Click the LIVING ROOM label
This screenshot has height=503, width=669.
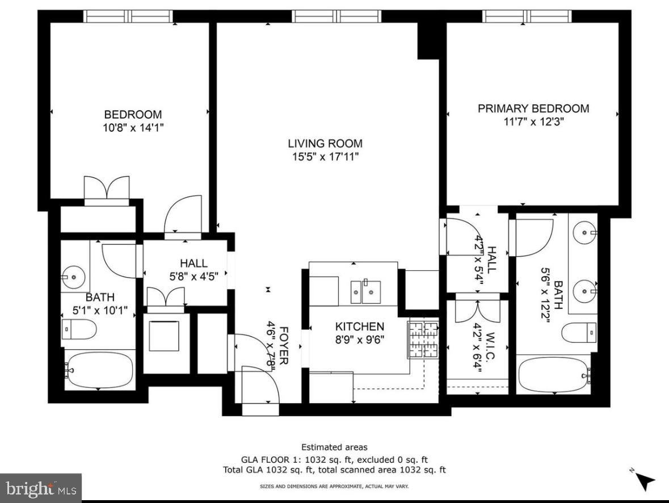click(325, 144)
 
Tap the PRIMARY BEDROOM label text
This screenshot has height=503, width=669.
click(533, 108)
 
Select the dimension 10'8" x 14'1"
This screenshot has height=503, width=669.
click(133, 127)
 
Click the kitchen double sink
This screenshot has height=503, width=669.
click(365, 292)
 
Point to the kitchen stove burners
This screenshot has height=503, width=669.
click(424, 339)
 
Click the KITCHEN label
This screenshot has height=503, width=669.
click(360, 326)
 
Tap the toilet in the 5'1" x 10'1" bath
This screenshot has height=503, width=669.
click(79, 329)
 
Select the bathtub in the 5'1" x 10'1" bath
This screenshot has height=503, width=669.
click(99, 370)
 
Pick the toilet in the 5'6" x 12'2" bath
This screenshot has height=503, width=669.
click(579, 333)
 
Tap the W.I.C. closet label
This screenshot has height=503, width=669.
click(490, 345)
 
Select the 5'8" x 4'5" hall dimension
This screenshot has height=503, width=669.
click(194, 276)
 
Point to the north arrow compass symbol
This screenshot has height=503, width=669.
click(644, 480)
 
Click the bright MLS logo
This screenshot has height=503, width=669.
click(41, 488)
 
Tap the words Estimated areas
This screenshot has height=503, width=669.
click(335, 447)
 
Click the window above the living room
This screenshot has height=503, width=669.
click(336, 16)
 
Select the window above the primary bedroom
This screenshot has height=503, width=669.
click(527, 16)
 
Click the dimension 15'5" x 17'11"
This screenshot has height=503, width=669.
click(325, 157)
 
